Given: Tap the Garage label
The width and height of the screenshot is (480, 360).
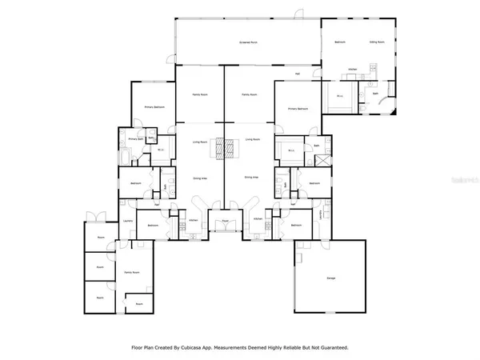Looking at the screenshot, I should (x=330, y=278).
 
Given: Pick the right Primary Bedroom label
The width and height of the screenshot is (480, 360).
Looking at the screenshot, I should (x=298, y=108).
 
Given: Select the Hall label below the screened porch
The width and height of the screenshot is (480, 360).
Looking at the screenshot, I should (x=297, y=74).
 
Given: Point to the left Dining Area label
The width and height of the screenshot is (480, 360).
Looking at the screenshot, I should (x=200, y=178).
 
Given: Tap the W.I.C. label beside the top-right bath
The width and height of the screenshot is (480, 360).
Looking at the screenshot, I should (x=339, y=97).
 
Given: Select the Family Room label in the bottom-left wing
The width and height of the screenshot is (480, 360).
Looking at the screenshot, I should (x=131, y=273).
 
